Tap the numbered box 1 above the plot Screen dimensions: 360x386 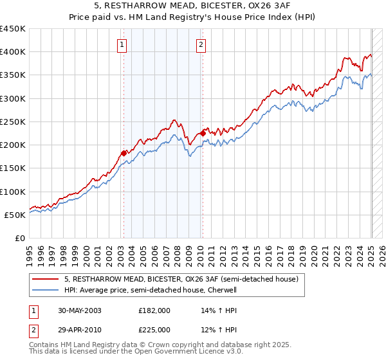[x=122, y=44]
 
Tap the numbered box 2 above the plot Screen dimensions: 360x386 [x=201, y=44]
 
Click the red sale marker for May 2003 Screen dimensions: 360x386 [x=124, y=153]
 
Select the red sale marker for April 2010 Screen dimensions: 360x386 [x=203, y=133]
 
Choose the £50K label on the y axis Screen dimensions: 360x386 [x=15, y=215]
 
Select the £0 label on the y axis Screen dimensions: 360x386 [x=20, y=238]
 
